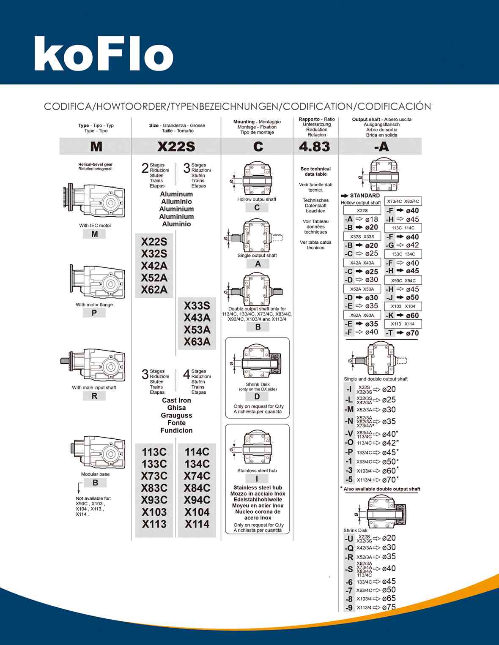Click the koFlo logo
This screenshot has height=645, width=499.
click(104, 54)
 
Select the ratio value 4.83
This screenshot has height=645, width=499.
click(314, 147)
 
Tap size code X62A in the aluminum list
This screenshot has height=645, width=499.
click(154, 290)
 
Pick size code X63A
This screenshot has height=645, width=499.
click(197, 342)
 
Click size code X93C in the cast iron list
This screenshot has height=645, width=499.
click(154, 500)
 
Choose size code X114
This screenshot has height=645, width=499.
click(197, 524)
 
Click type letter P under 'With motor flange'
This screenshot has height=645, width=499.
click(94, 313)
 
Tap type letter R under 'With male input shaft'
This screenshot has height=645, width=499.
click(94, 396)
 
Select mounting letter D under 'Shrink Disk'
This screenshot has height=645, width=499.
click(257, 397)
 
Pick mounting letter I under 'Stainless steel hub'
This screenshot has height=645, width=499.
click(257, 479)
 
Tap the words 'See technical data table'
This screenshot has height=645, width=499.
click(315, 171)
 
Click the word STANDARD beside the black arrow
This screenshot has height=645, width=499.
click(365, 196)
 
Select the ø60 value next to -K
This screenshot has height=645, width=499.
click(412, 316)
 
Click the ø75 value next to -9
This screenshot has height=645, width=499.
click(389, 607)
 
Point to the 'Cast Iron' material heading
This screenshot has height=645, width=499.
click(176, 400)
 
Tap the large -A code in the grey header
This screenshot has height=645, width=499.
click(381, 147)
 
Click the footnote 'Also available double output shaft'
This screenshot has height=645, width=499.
click(382, 489)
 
